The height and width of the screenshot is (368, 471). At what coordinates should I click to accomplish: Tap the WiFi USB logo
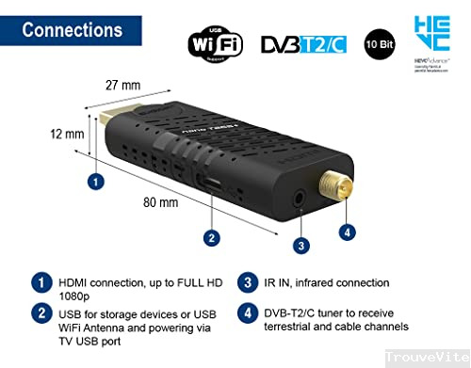coord(215,42)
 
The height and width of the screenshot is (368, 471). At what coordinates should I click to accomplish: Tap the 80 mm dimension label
coord(161,201)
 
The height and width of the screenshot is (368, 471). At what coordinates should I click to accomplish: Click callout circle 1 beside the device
coord(95,179)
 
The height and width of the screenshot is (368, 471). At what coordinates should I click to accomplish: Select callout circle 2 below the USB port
coord(212,237)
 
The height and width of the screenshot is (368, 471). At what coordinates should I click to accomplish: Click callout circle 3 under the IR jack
coord(300,246)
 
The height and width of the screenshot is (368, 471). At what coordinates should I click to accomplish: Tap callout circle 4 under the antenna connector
coord(348,232)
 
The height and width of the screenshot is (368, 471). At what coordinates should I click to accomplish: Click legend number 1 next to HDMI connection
coord(41,281)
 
